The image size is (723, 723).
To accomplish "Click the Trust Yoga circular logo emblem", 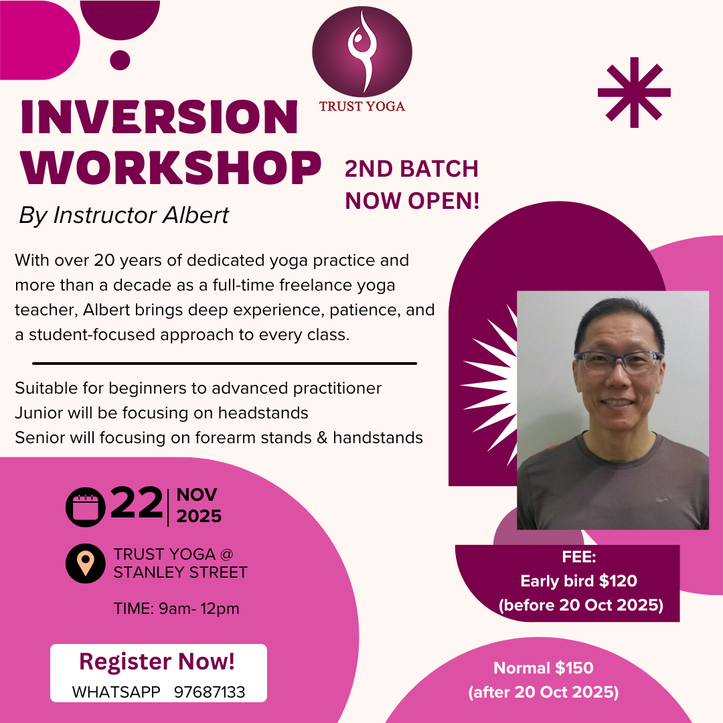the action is (362, 52).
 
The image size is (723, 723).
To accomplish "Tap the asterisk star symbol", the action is (634, 92).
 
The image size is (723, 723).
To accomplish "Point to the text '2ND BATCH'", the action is (411, 169).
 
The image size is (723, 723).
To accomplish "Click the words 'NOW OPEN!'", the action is (412, 201).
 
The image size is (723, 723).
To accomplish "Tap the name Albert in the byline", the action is (196, 215).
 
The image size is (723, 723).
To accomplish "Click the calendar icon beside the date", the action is (85, 507).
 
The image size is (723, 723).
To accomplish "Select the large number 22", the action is (137, 503).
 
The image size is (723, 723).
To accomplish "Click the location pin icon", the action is (85, 564).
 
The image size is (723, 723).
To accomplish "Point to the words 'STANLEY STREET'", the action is (180, 572).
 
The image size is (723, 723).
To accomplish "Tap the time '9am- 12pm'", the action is (199, 609).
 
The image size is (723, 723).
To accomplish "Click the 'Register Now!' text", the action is (157, 661).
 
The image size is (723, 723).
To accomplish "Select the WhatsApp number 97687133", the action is (210, 692).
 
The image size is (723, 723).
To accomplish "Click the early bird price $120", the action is (618, 581).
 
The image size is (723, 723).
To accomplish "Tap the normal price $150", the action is (574, 667).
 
